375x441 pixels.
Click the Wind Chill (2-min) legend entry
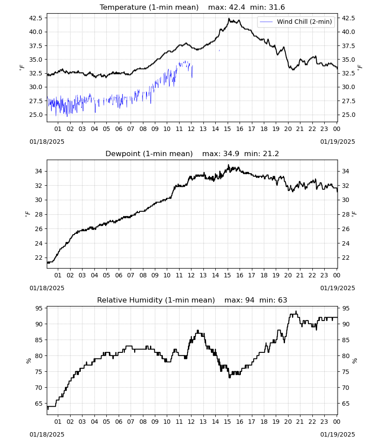(x=296, y=22)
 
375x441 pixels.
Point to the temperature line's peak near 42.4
(x=229, y=19)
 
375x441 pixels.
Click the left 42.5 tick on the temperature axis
(x=36, y=18)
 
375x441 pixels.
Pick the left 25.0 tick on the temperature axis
(x=36, y=115)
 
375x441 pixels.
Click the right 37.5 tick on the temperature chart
(x=348, y=45)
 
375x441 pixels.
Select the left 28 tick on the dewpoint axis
(x=39, y=214)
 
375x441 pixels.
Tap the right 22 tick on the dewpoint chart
(x=345, y=258)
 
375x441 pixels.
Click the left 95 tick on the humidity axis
(x=39, y=308)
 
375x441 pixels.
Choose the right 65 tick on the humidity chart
(x=345, y=404)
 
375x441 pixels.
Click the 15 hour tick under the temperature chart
(x=227, y=129)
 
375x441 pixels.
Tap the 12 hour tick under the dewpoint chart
(x=191, y=275)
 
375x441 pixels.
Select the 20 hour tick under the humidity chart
(x=288, y=422)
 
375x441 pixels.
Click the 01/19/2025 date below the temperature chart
(x=337, y=142)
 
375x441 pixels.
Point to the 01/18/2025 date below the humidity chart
(x=47, y=434)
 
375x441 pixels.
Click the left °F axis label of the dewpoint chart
(x=27, y=214)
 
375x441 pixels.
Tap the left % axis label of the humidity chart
(x=28, y=361)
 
